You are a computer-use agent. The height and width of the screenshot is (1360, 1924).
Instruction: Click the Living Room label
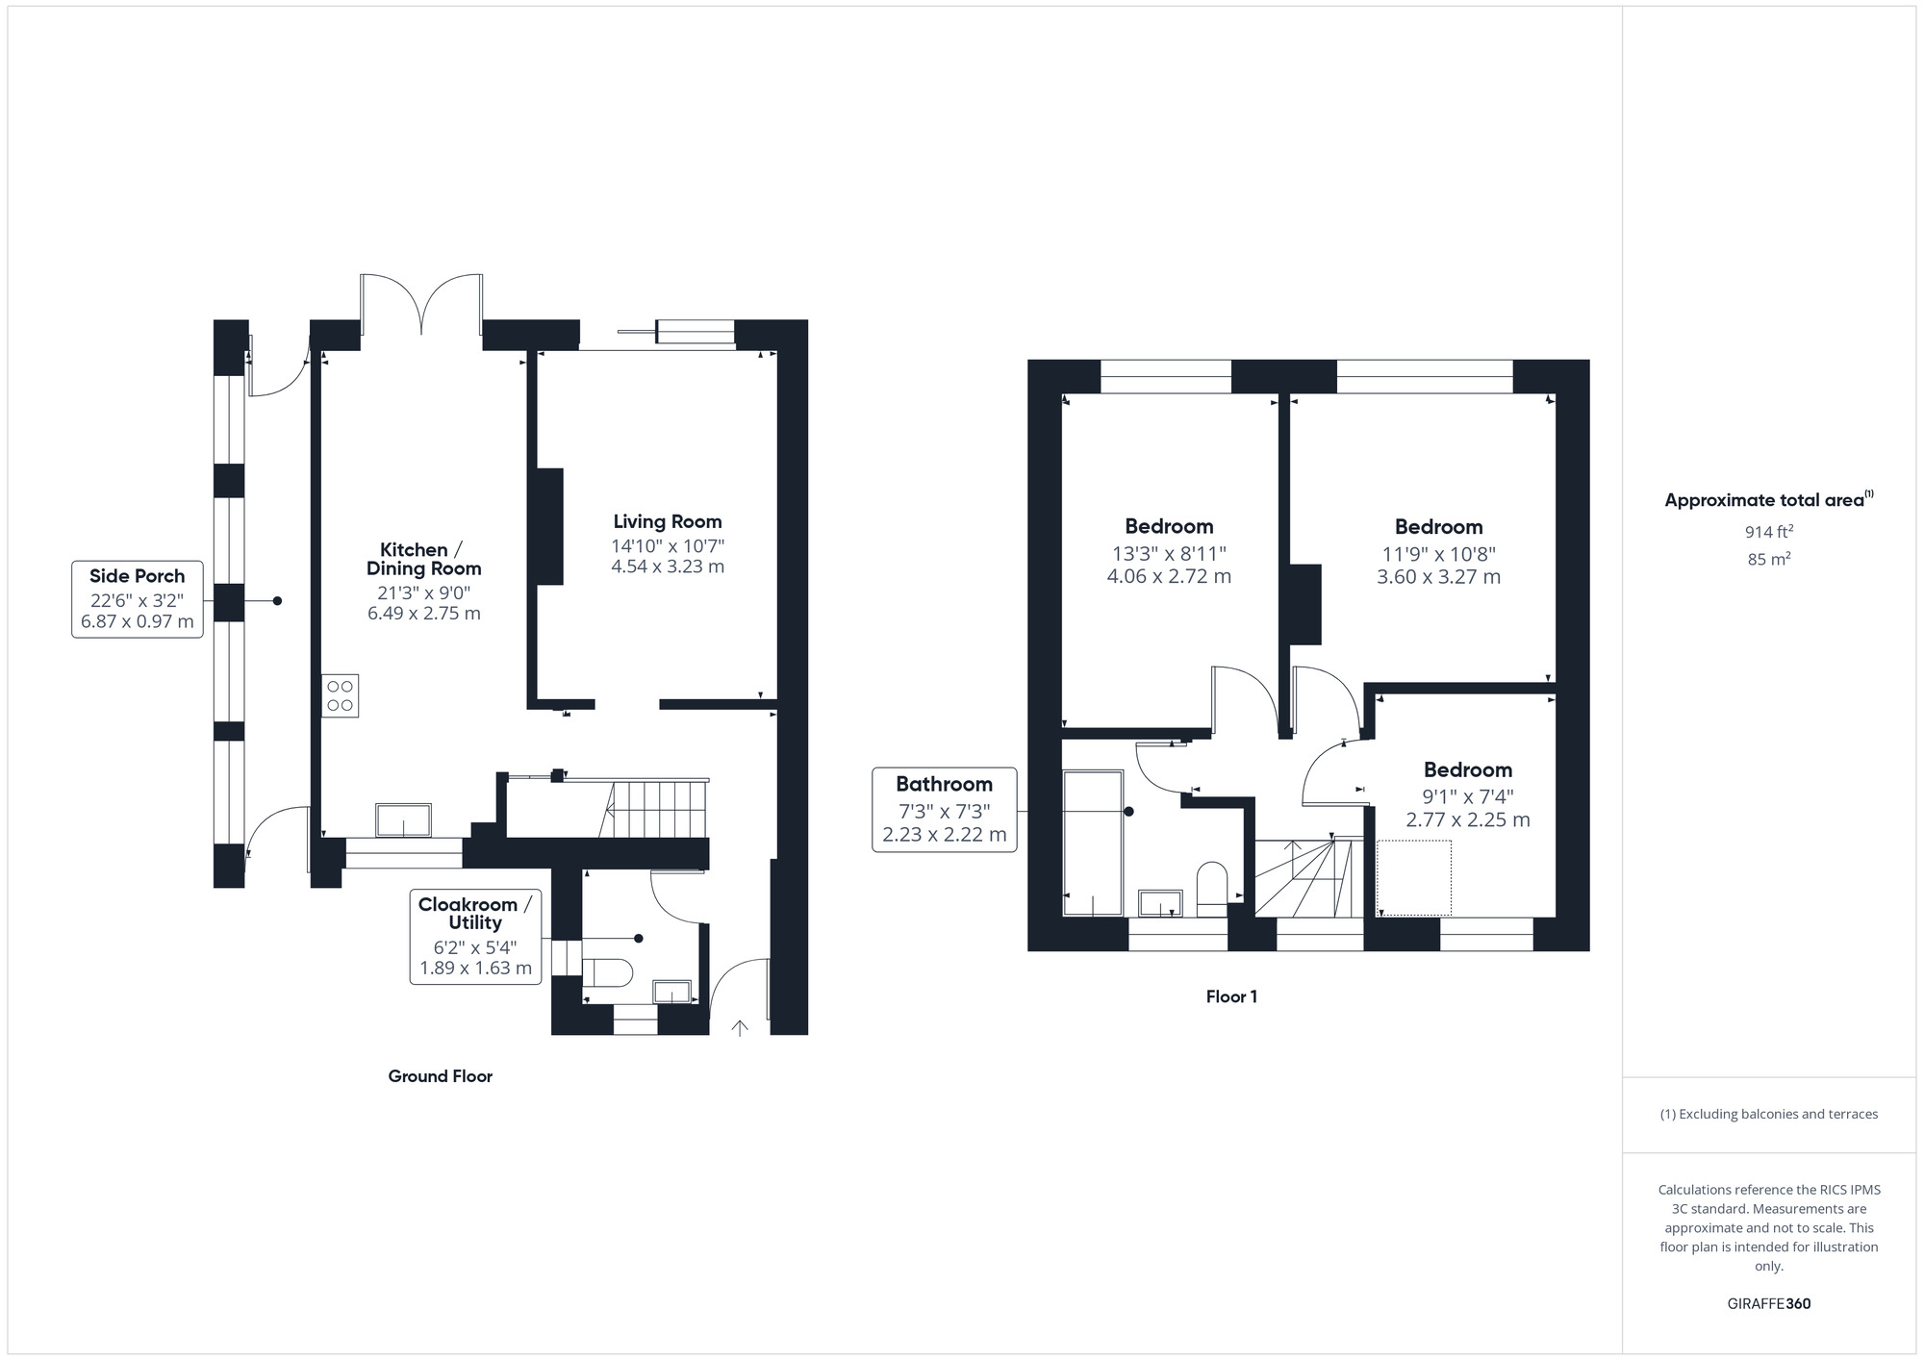[668, 521]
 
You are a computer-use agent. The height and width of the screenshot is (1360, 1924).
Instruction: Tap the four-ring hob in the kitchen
[340, 695]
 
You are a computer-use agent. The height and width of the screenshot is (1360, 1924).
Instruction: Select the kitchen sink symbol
[404, 820]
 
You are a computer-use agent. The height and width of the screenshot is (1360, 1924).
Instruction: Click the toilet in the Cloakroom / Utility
[607, 972]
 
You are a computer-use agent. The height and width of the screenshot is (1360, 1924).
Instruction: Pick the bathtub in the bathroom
[1093, 843]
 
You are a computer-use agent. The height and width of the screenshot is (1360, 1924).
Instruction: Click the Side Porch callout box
[138, 599]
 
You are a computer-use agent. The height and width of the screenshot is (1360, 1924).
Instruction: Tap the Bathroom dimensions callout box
[944, 810]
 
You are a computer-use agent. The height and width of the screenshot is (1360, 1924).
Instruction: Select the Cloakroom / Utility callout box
[475, 937]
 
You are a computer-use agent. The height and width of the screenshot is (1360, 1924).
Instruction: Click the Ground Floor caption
[440, 1076]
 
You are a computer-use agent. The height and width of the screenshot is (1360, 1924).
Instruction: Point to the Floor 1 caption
[1231, 996]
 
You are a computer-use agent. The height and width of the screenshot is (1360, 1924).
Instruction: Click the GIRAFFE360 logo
[1768, 1304]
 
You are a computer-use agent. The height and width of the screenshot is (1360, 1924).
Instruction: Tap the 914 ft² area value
[1768, 531]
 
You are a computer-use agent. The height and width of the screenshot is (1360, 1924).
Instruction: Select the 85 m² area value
[1768, 559]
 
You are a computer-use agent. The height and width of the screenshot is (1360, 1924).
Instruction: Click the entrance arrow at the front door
[740, 1028]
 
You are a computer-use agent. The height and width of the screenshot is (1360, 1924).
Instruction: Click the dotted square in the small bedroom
[1413, 878]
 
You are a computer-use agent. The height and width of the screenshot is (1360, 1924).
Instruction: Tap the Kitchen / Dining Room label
[423, 559]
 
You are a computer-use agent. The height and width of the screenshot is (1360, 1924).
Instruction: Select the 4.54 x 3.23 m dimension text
[668, 567]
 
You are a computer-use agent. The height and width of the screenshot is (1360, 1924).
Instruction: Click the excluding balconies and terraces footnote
[1768, 1114]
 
